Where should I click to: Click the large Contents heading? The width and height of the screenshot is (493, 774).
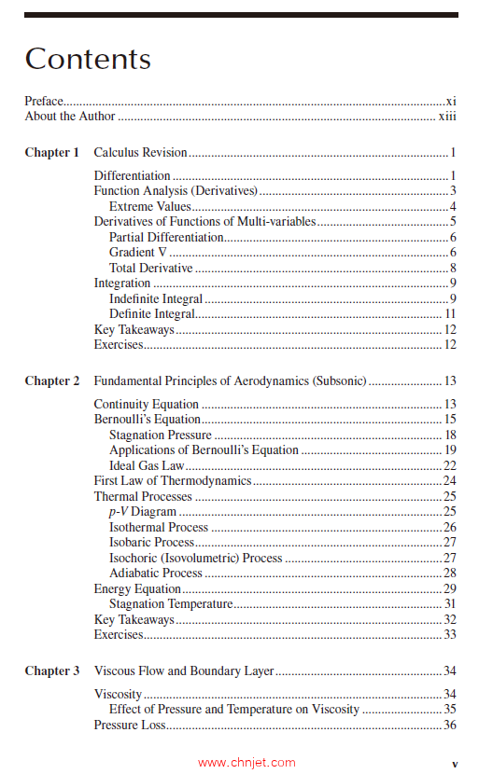tap(88, 59)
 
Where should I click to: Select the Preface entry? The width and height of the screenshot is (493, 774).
tap(44, 101)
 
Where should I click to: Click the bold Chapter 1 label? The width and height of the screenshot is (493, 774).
tap(52, 153)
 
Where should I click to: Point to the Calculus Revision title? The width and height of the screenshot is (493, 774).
tap(140, 153)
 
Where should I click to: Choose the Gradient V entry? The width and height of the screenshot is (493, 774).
tap(136, 253)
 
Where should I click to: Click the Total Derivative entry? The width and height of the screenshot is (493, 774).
tap(150, 269)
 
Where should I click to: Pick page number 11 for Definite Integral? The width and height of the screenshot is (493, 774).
tap(449, 314)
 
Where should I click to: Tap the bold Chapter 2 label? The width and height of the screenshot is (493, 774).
tap(52, 381)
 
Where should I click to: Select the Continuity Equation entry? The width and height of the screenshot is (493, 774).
tap(146, 405)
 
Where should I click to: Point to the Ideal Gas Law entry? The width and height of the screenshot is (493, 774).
tap(147, 466)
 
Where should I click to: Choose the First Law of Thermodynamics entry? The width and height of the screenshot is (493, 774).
tap(173, 481)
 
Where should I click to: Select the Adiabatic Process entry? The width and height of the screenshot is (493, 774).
tap(155, 574)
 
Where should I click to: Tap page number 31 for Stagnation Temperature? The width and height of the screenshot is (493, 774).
tap(449, 604)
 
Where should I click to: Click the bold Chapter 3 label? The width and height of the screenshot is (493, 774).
tap(52, 671)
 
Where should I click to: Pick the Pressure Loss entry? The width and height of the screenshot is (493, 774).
tap(129, 726)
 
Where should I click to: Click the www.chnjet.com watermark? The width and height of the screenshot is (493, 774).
tap(246, 762)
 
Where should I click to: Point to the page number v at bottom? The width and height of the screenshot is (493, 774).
tap(455, 762)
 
